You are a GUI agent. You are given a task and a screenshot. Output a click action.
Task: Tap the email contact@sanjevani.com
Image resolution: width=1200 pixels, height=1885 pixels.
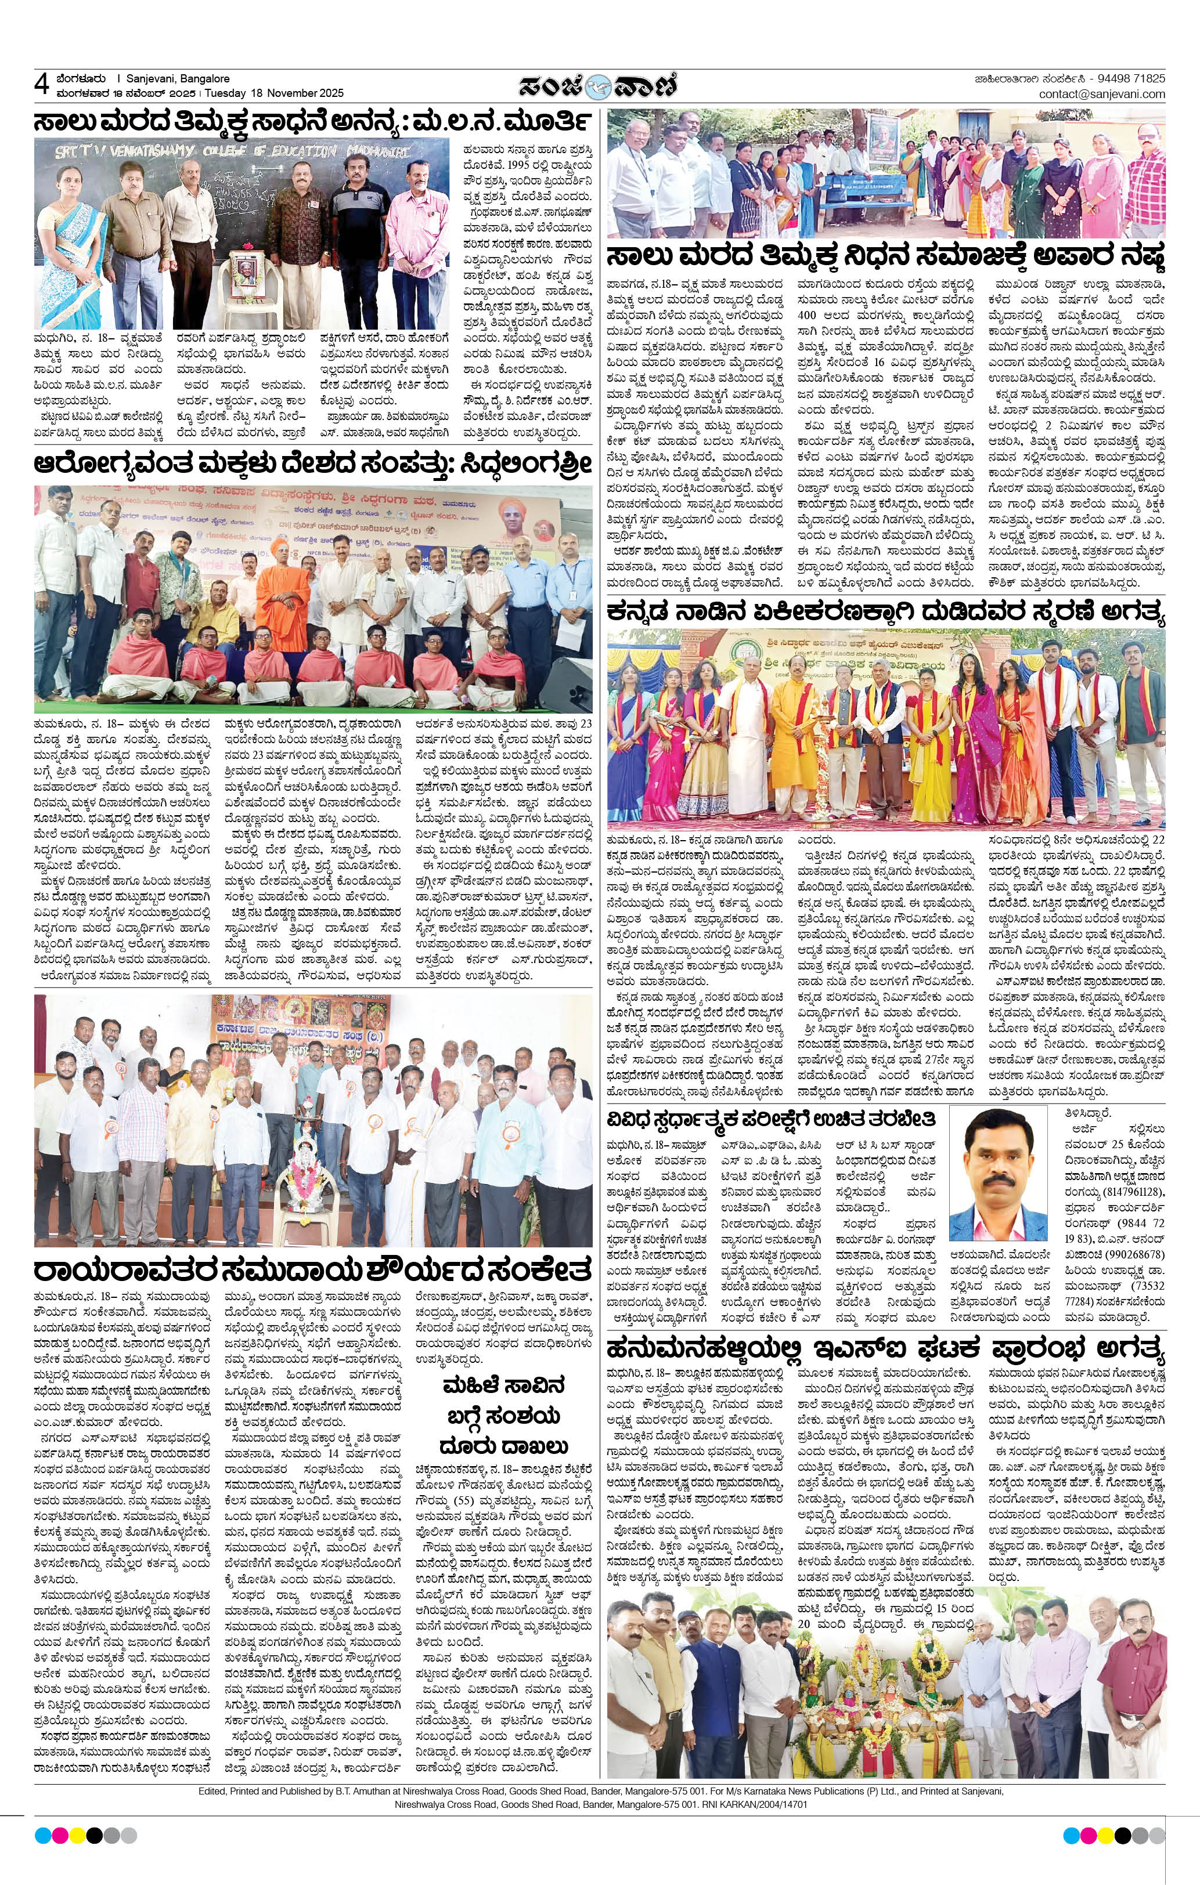pos(1101,94)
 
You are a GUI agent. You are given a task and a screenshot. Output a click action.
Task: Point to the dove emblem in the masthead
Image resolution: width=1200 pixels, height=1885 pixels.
pos(600,86)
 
